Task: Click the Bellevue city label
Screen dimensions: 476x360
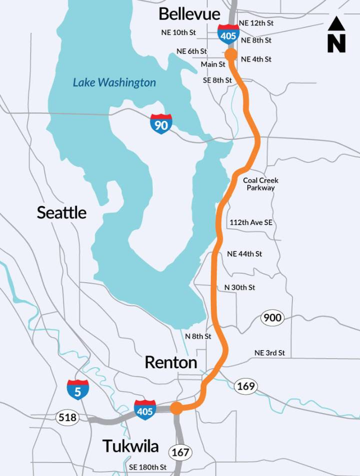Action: click(189, 13)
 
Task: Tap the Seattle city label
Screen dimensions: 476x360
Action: click(61, 212)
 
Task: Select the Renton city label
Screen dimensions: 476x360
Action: click(170, 362)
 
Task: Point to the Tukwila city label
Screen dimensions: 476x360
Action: click(130, 446)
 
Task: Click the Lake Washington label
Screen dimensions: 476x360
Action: click(114, 82)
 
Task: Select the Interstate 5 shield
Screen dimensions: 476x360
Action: click(78, 390)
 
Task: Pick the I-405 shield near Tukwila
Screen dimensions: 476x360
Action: click(144, 410)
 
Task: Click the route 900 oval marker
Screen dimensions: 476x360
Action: click(272, 318)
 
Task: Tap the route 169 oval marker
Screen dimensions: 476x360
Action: click(246, 386)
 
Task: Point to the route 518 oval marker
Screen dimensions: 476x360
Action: click(67, 417)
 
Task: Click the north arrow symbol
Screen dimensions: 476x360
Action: click(336, 34)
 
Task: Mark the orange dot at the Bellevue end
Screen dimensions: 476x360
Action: click(231, 54)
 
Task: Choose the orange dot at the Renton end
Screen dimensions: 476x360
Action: click(176, 408)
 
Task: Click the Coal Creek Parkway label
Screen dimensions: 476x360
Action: click(260, 184)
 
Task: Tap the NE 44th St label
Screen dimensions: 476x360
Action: click(244, 254)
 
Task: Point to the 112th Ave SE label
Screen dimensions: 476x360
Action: click(251, 222)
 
